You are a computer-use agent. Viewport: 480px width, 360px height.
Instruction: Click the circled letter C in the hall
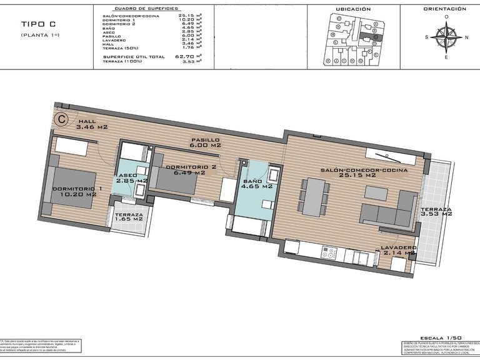click(x=61, y=117)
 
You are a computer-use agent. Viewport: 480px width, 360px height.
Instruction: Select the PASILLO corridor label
click(x=205, y=140)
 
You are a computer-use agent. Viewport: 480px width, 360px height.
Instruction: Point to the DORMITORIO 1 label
click(x=77, y=189)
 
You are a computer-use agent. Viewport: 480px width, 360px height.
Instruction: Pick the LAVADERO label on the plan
click(x=398, y=248)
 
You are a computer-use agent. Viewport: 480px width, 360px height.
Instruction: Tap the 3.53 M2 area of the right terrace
click(x=436, y=214)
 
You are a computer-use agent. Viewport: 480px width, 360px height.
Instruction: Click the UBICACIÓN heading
click(x=354, y=9)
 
